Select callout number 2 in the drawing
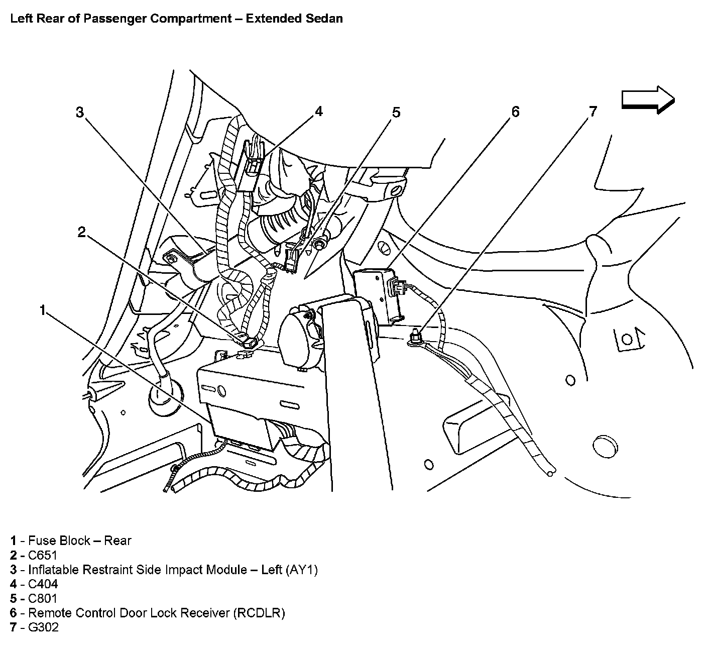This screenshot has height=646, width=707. pyautogui.click(x=82, y=232)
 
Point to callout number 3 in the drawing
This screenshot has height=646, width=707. pyautogui.click(x=80, y=112)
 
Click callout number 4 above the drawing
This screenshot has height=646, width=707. pyautogui.click(x=318, y=111)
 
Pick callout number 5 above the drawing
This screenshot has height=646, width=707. pyautogui.click(x=396, y=112)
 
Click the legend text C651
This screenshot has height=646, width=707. pyautogui.click(x=43, y=555)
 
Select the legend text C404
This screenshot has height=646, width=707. pyautogui.click(x=43, y=584)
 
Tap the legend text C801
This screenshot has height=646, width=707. pyautogui.click(x=43, y=598)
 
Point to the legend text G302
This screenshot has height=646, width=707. pyautogui.click(x=43, y=627)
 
